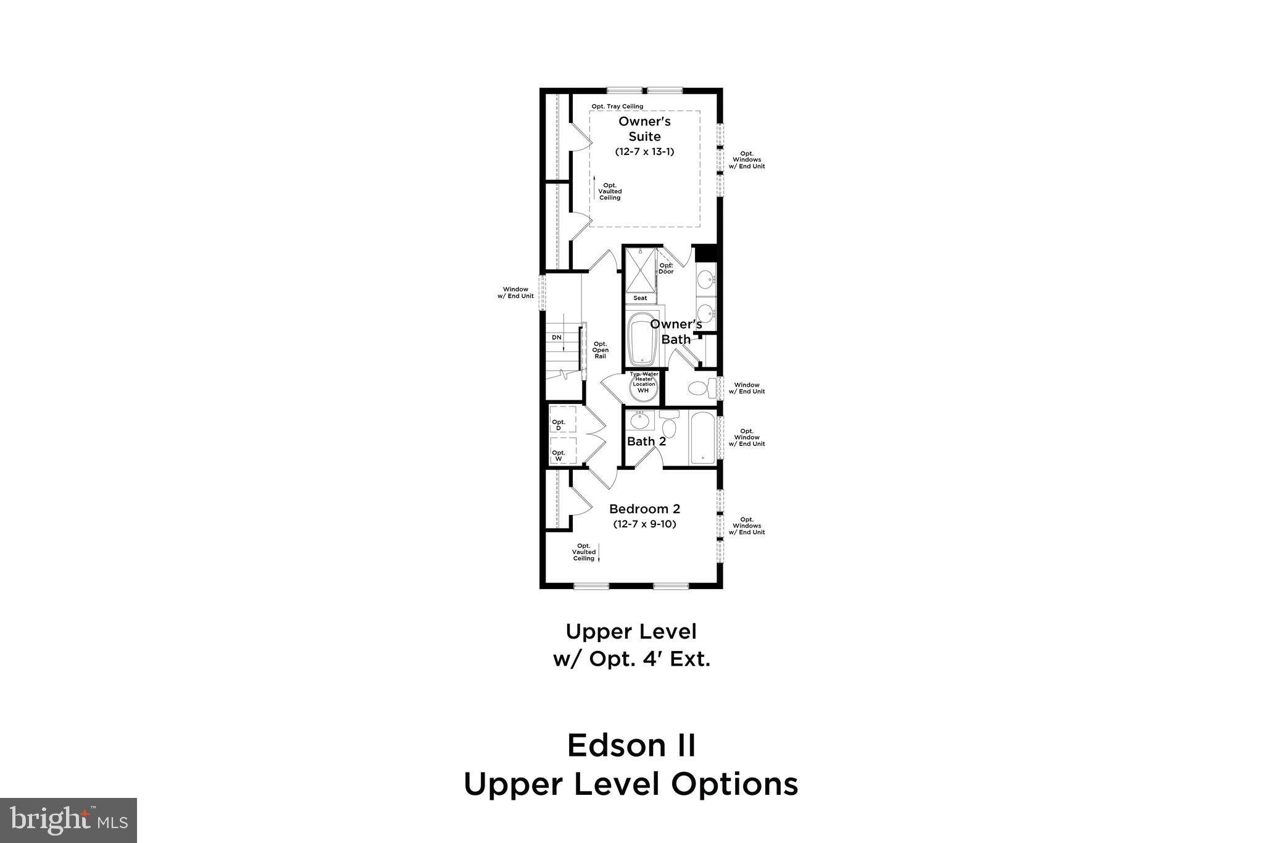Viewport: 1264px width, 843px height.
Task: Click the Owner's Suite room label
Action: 644,128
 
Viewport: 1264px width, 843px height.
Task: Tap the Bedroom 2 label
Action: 644,509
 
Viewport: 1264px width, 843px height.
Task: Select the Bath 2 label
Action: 646,441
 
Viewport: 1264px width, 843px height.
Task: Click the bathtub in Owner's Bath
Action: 642,339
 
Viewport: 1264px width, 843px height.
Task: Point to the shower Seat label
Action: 640,298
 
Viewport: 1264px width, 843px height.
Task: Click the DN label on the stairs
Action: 557,337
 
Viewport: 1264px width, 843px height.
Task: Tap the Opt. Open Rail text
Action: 600,350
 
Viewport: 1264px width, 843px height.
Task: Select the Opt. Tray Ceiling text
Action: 617,106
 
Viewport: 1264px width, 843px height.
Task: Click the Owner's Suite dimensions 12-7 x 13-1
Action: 644,151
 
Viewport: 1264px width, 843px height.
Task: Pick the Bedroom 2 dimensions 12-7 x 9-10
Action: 644,524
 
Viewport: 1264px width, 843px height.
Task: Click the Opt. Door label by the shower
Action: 666,269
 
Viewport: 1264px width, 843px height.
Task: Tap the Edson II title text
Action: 631,745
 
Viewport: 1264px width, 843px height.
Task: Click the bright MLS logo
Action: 69,820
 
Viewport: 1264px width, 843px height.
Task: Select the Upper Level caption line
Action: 631,631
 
